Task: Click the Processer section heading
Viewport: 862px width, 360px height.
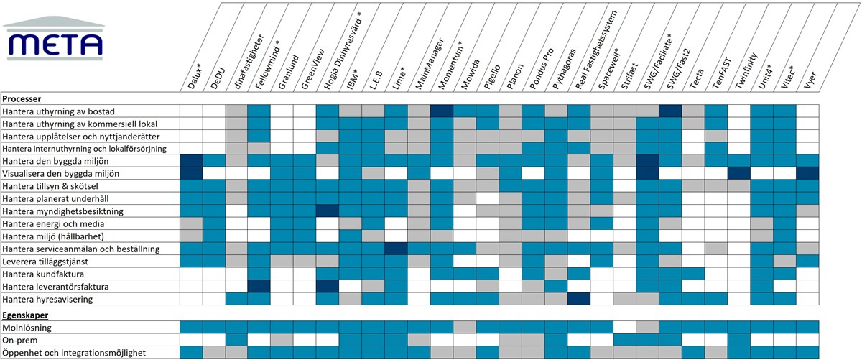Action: [x=22, y=99]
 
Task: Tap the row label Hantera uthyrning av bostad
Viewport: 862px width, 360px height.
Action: [x=68, y=111]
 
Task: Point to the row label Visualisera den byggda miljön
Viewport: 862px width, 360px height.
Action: [x=70, y=173]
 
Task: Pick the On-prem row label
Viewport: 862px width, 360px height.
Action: [x=21, y=340]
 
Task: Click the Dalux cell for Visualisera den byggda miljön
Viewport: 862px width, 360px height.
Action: [x=190, y=173]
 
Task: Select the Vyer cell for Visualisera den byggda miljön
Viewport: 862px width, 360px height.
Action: [x=807, y=173]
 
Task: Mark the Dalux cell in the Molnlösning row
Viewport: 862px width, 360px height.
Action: [x=190, y=328]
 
